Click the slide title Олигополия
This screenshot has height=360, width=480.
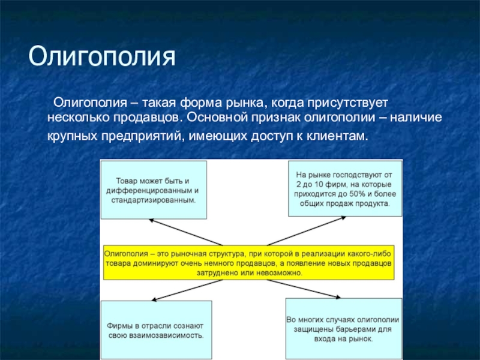pyautogui.click(x=102, y=56)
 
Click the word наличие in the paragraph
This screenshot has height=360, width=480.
pyautogui.click(x=416, y=118)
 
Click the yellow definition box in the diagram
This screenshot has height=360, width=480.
pyautogui.click(x=248, y=262)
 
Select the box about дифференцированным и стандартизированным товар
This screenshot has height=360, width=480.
pyautogui.click(x=154, y=190)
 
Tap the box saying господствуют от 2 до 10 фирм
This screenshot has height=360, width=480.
pyautogui.click(x=345, y=188)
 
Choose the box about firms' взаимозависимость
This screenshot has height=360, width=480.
pyautogui.click(x=156, y=329)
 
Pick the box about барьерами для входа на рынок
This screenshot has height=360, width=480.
pyautogui.click(x=344, y=328)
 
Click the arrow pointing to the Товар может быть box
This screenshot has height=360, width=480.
pyautogui.click(x=186, y=232)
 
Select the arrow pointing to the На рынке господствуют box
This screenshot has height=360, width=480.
pyautogui.click(x=307, y=231)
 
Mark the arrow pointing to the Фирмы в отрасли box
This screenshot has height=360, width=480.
pyautogui.click(x=187, y=290)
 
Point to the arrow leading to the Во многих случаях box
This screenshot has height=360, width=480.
pyautogui.click(x=304, y=289)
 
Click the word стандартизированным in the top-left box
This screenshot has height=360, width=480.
pyautogui.click(x=154, y=200)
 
